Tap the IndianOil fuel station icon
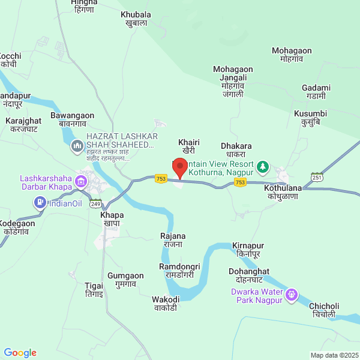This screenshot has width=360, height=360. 40,203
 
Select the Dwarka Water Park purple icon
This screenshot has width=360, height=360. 292,295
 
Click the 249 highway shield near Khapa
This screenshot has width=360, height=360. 96,204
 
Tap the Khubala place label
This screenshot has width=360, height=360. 136,19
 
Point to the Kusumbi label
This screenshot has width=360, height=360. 310,118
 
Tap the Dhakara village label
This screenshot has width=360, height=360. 236,150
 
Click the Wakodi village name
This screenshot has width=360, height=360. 166,304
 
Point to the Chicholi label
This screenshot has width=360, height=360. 324,310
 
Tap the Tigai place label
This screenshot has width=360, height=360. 94,290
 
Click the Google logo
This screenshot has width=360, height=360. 20,353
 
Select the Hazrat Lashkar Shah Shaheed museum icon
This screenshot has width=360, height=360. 77,146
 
